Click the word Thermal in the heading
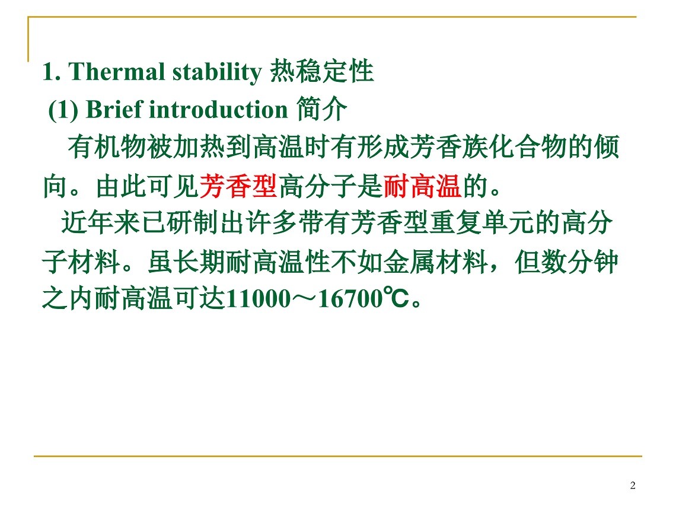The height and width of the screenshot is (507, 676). pyautogui.click(x=116, y=72)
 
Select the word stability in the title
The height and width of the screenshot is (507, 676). pyautogui.click(x=217, y=72)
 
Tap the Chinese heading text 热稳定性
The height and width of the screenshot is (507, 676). pyautogui.click(x=321, y=71)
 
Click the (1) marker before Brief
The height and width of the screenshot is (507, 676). pyautogui.click(x=63, y=110)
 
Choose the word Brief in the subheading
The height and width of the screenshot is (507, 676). pyautogui.click(x=114, y=109)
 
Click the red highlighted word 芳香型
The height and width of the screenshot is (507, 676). pyautogui.click(x=238, y=186)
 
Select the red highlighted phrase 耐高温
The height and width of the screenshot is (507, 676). pyautogui.click(x=422, y=186)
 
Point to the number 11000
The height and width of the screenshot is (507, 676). pyautogui.click(x=258, y=299)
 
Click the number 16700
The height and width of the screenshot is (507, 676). pyautogui.click(x=350, y=299)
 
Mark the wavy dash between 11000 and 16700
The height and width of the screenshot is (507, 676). pyautogui.click(x=304, y=299)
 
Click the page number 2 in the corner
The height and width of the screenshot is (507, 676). pyautogui.click(x=633, y=486)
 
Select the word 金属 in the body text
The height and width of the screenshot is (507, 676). pyautogui.click(x=409, y=262)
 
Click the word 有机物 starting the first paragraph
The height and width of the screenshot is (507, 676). pyautogui.click(x=107, y=146)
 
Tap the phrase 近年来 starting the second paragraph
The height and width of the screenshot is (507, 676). pyautogui.click(x=100, y=224)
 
